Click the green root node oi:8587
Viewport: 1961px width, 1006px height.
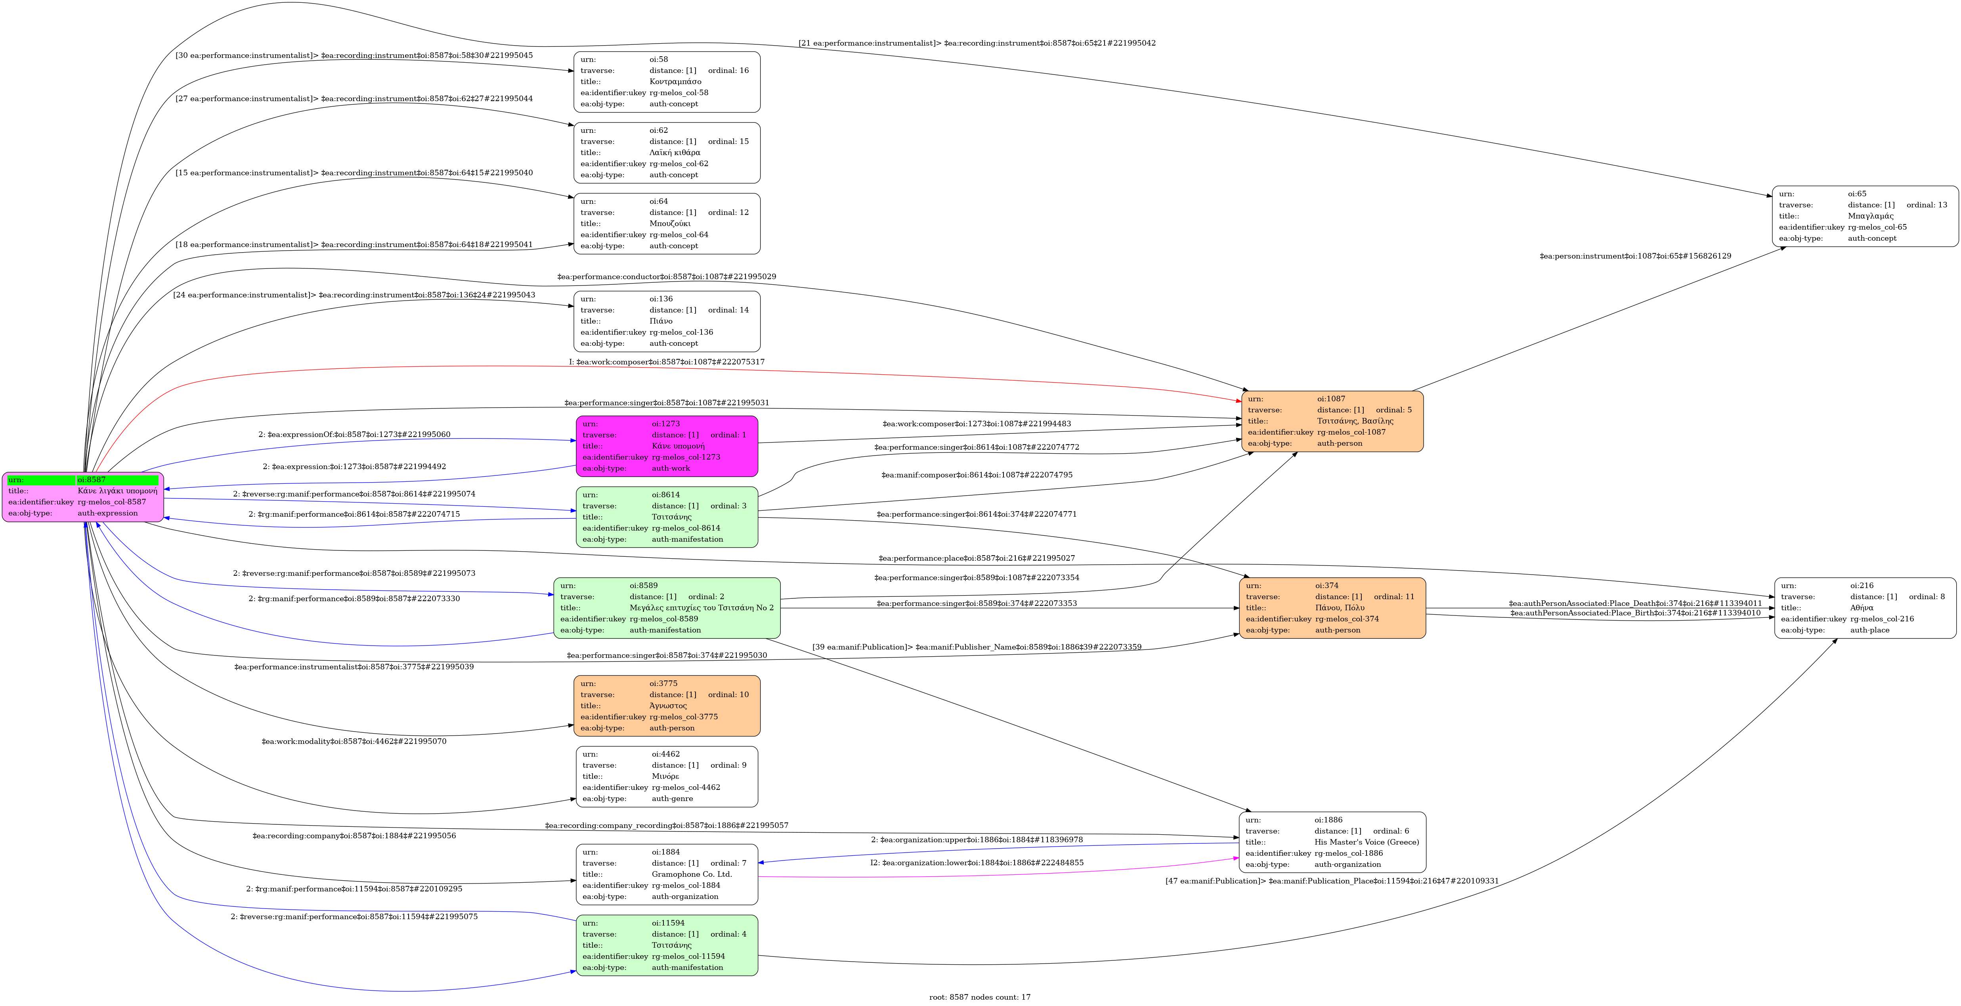(x=83, y=496)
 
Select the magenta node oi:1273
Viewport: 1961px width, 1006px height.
(x=667, y=446)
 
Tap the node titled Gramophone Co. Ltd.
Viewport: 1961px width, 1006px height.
(x=667, y=874)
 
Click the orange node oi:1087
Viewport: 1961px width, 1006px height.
(x=1332, y=421)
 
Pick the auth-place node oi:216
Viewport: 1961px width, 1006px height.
(x=1865, y=608)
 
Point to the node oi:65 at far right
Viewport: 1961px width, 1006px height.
(x=1865, y=216)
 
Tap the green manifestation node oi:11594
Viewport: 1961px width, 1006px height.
(x=667, y=945)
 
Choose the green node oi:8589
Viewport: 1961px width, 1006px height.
(x=667, y=608)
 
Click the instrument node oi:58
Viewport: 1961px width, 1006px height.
(x=667, y=81)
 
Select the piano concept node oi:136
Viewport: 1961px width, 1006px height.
(x=667, y=321)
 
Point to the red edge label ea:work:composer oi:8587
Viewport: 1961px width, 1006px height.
(x=667, y=362)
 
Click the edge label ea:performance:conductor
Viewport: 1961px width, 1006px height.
(x=667, y=276)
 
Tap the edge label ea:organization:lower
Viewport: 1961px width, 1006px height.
(x=977, y=863)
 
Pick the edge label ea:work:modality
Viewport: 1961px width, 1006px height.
(x=354, y=741)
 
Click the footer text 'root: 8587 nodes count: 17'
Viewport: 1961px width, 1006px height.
(x=980, y=997)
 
